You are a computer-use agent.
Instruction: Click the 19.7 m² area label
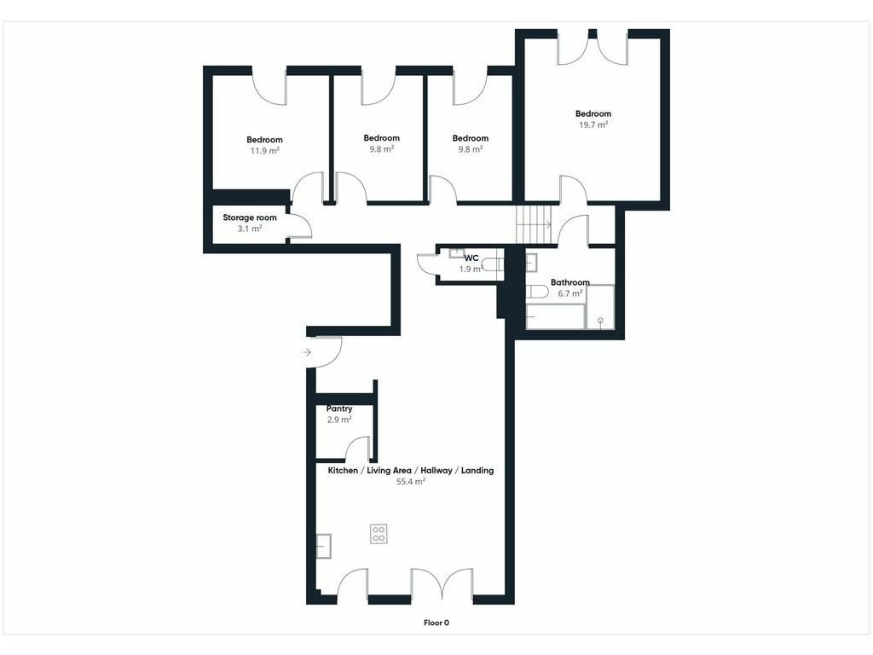click(x=593, y=125)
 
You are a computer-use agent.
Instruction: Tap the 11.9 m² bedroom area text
click(x=264, y=151)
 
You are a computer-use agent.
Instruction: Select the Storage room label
click(x=250, y=217)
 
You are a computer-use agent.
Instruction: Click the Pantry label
click(x=339, y=409)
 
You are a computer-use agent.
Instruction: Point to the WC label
click(x=471, y=258)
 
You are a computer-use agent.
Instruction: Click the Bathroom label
click(x=570, y=282)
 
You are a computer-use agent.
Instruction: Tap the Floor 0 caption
click(x=436, y=623)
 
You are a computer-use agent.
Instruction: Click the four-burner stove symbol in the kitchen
click(x=379, y=534)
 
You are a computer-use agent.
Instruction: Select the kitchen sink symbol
click(x=323, y=546)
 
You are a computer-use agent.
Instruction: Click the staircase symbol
click(x=534, y=224)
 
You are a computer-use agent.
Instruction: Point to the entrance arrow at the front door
click(x=307, y=352)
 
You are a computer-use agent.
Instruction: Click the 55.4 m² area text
click(x=411, y=482)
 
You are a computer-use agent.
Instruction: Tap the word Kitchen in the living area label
click(x=343, y=471)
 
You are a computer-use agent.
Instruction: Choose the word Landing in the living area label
click(x=477, y=471)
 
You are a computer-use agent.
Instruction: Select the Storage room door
click(x=299, y=226)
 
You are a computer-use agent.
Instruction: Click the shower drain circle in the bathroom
click(x=601, y=321)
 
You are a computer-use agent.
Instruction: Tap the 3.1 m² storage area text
click(x=250, y=229)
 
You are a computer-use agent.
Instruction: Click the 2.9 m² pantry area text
click(x=339, y=420)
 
